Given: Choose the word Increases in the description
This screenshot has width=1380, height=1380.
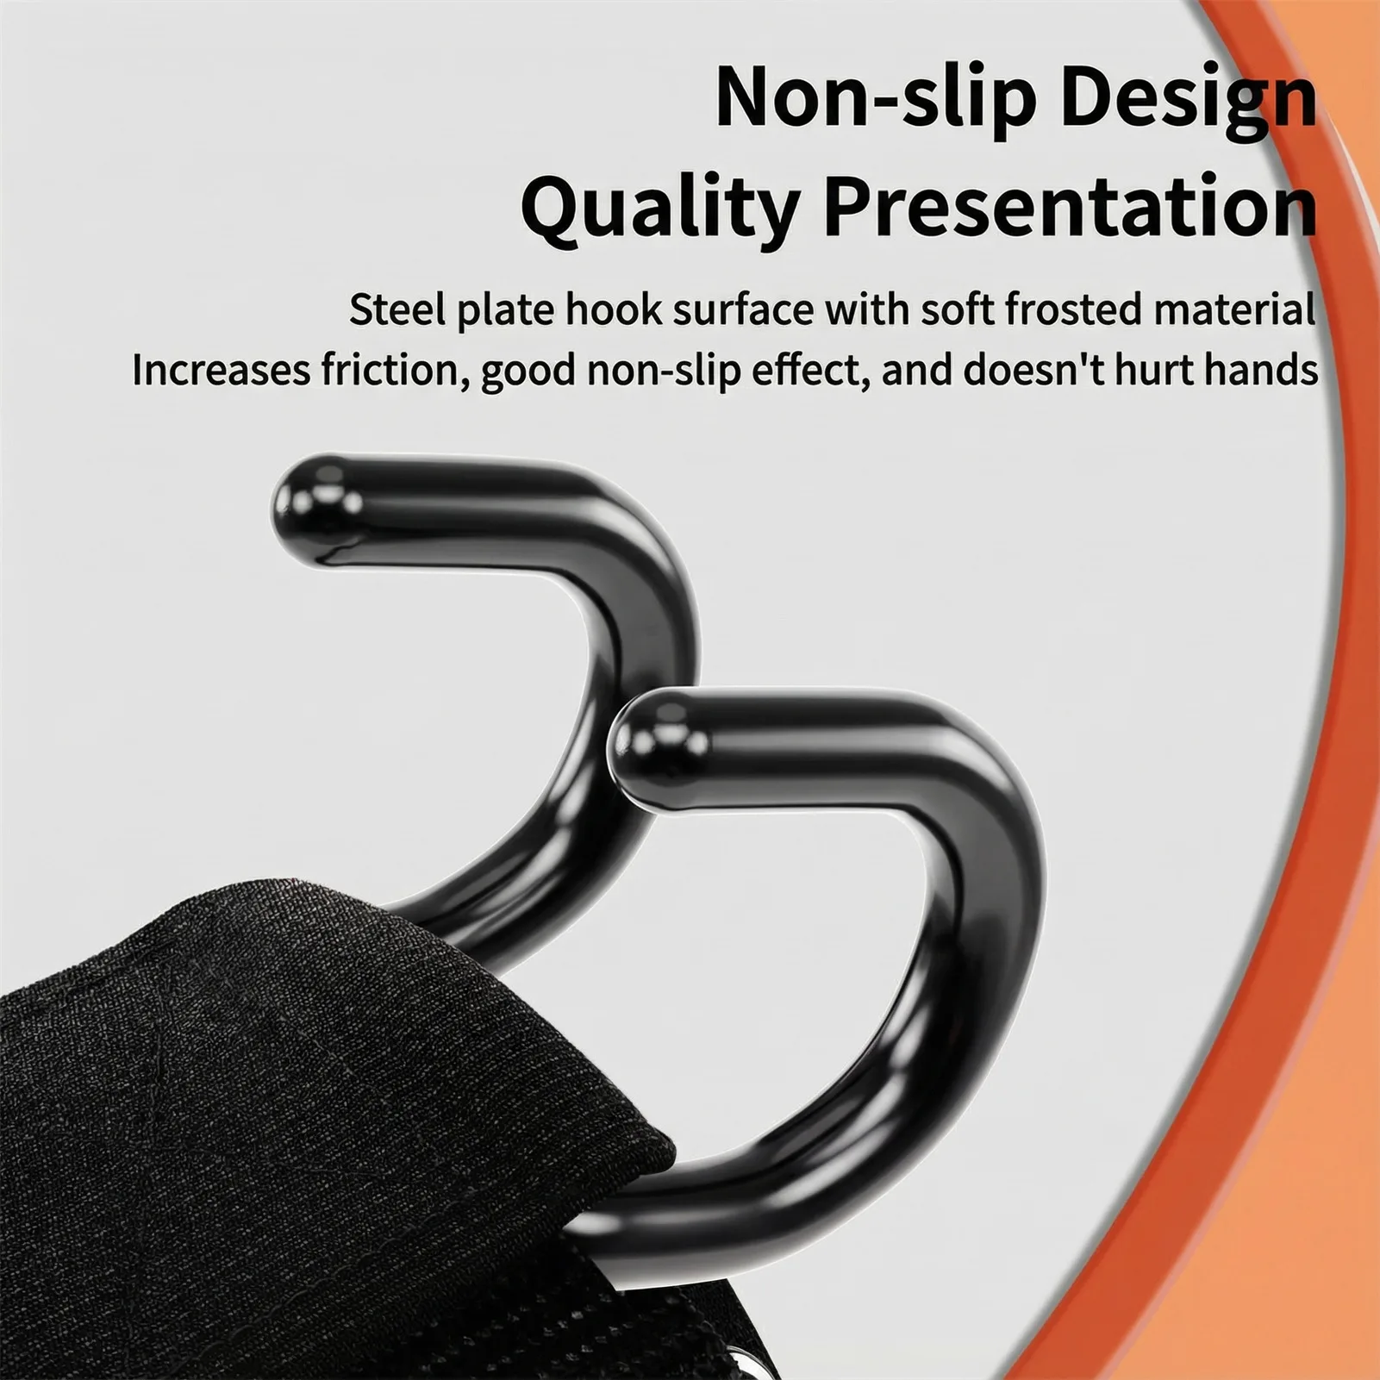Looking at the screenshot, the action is (220, 371).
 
